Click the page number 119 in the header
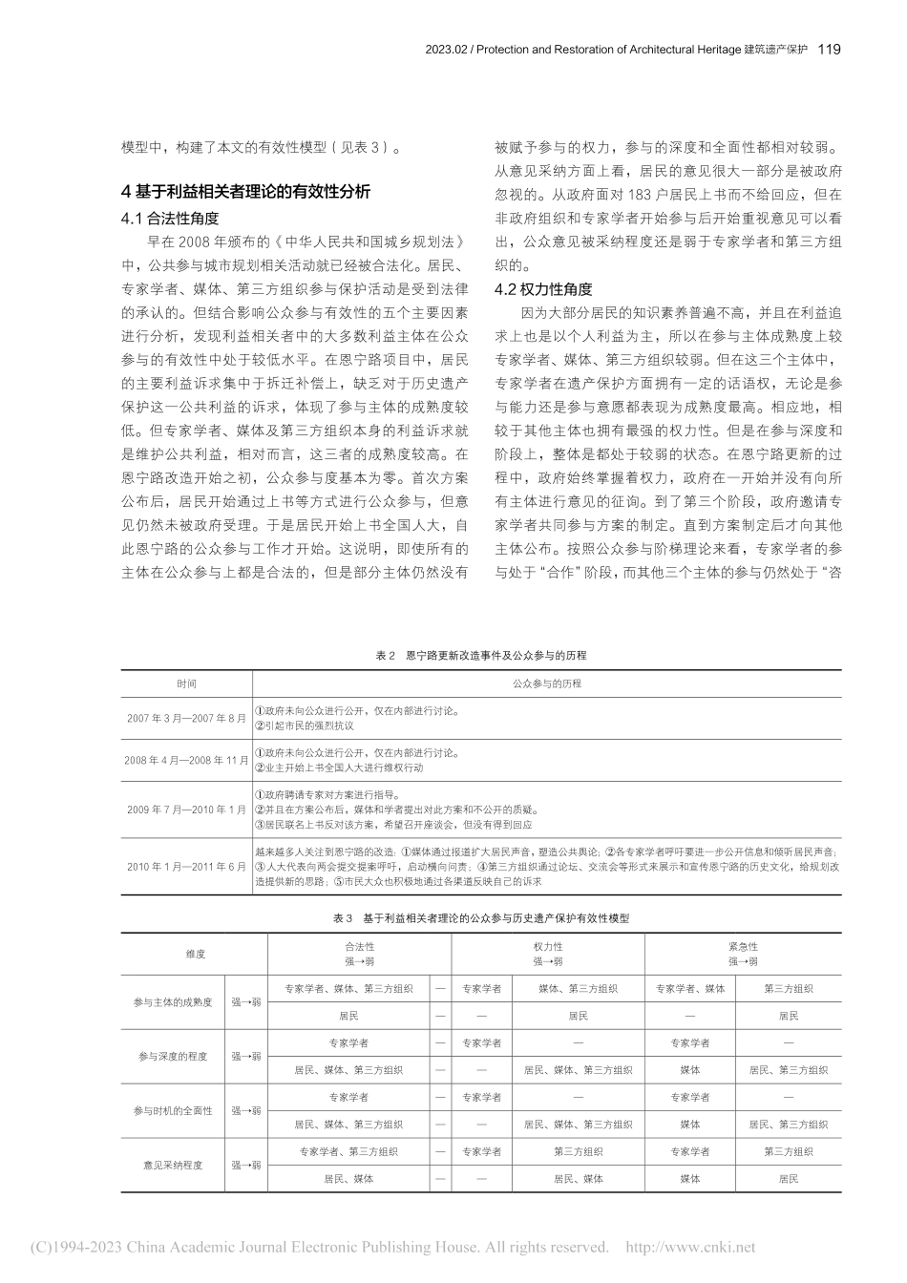pyautogui.click(x=830, y=50)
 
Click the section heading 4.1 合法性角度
pyautogui.click(x=170, y=219)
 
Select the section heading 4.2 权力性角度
pyautogui.click(x=543, y=289)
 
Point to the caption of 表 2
pyautogui.click(x=481, y=656)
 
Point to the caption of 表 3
pyautogui.click(x=481, y=917)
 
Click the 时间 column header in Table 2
pyautogui.click(x=186, y=684)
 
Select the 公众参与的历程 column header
pyautogui.click(x=546, y=684)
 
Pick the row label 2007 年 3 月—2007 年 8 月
pyautogui.click(x=186, y=718)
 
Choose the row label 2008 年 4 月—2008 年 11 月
pyautogui.click(x=186, y=761)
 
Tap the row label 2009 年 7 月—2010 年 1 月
pyautogui.click(x=186, y=810)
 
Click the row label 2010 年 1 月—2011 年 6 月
pyautogui.click(x=186, y=866)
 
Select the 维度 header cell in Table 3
pyautogui.click(x=195, y=954)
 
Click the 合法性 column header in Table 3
pyautogui.click(x=359, y=947)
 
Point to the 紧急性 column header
pyautogui.click(x=743, y=947)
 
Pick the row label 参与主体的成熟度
pyautogui.click(x=173, y=1002)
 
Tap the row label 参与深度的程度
pyautogui.click(x=173, y=1057)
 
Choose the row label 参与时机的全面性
pyautogui.click(x=173, y=1111)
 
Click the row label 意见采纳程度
pyautogui.click(x=173, y=1166)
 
